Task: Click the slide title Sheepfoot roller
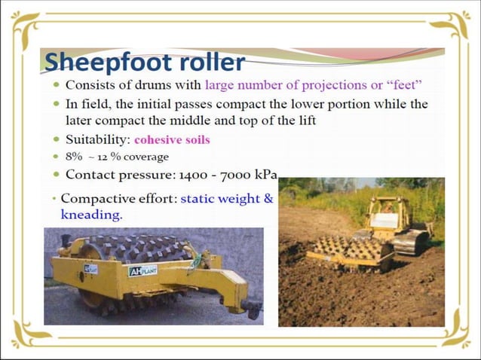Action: point(144,61)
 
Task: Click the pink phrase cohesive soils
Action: point(172,139)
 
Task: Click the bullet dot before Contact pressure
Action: point(57,175)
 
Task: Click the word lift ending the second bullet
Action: point(305,121)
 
